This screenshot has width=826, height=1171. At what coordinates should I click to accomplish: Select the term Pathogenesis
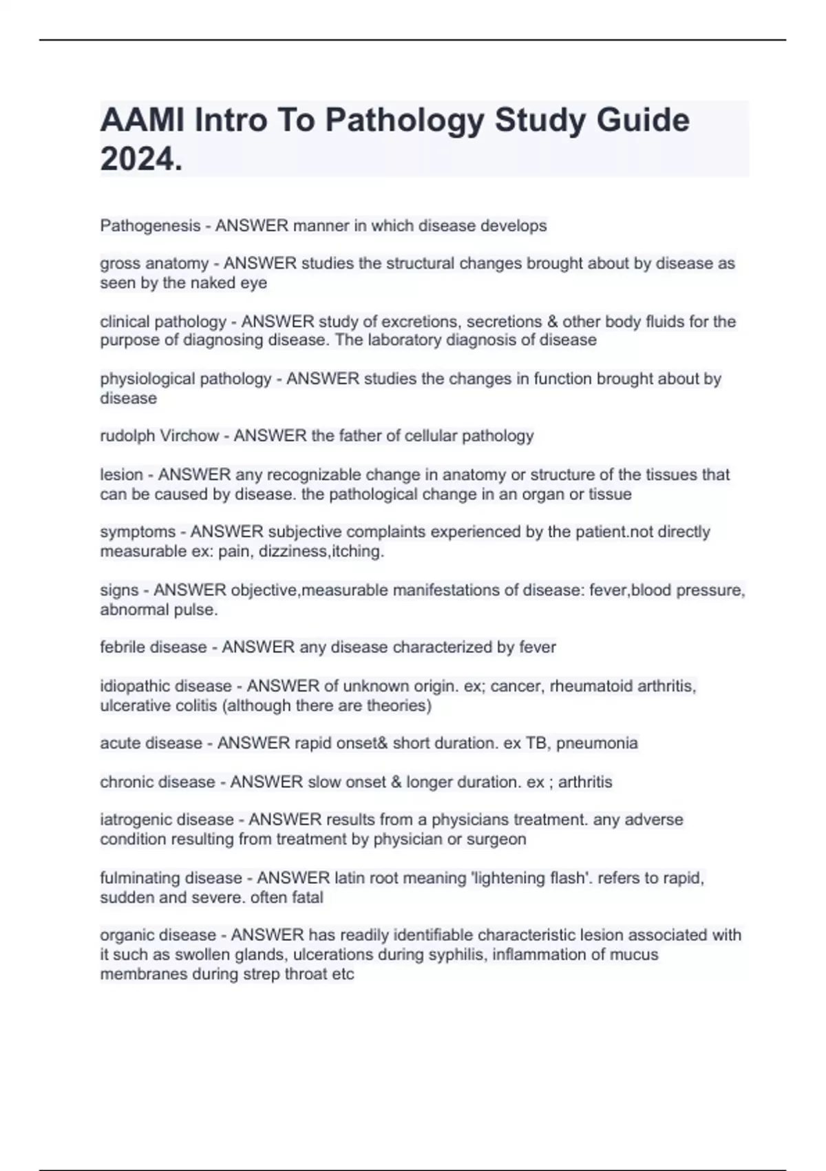(150, 226)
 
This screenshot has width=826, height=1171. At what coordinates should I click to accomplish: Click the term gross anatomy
(154, 264)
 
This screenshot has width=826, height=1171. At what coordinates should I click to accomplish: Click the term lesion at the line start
(121, 475)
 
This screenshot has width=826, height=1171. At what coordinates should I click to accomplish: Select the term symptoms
(138, 532)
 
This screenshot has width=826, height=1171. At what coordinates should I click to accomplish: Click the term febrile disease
(153, 647)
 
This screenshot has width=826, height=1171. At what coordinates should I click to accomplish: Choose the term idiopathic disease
(166, 686)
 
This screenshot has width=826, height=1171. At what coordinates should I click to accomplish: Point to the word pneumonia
(597, 743)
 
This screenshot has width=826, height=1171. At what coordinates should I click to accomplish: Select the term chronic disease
(158, 783)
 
